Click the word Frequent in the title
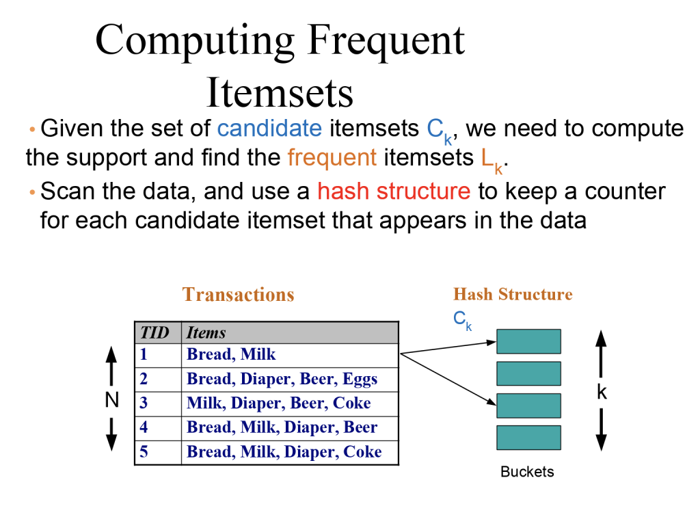[386, 41]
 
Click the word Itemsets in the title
[280, 92]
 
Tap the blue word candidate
[269, 128]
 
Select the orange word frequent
[332, 158]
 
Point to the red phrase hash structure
[394, 191]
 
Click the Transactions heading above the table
[238, 295]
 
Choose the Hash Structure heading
[513, 295]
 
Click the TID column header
[154, 333]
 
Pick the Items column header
[206, 333]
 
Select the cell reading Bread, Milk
[232, 354]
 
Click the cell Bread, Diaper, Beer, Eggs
[282, 379]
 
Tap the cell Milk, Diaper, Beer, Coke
[279, 403]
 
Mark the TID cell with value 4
[144, 428]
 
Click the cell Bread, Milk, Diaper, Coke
[284, 453]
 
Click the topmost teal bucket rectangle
[528, 341]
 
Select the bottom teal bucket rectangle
[528, 438]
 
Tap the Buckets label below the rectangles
[527, 472]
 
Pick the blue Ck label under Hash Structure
[463, 319]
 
